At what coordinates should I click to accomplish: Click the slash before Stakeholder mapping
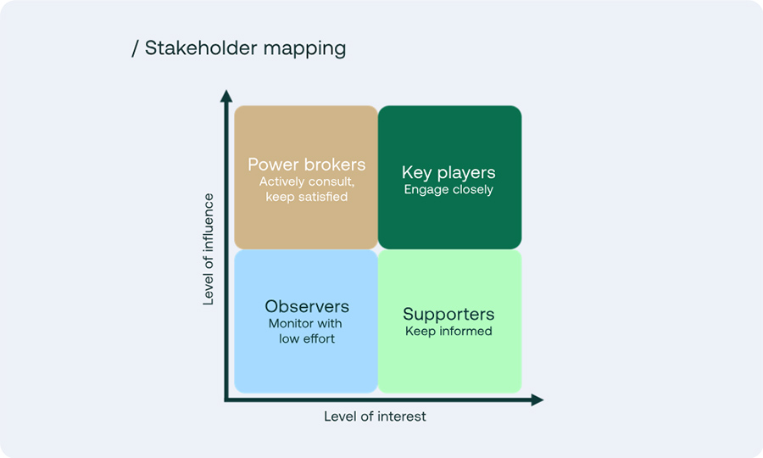click(x=136, y=48)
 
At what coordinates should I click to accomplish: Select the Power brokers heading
click(x=306, y=165)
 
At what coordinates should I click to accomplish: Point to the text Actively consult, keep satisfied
click(x=306, y=189)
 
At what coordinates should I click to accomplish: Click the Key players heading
click(x=448, y=172)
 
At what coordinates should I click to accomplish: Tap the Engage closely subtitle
click(x=448, y=190)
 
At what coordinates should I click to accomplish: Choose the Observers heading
click(x=306, y=306)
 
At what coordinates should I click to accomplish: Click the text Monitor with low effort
click(x=306, y=331)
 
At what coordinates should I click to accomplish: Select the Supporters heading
click(x=448, y=314)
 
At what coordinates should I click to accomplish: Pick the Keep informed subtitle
click(x=448, y=332)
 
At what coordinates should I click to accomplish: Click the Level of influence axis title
click(x=209, y=249)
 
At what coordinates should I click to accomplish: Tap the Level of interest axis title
click(x=375, y=416)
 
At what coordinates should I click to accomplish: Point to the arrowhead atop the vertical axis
click(x=226, y=95)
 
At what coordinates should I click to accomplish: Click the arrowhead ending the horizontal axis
click(x=537, y=399)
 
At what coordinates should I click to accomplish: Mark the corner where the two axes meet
click(x=226, y=399)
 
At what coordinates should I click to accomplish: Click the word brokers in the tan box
click(x=336, y=165)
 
